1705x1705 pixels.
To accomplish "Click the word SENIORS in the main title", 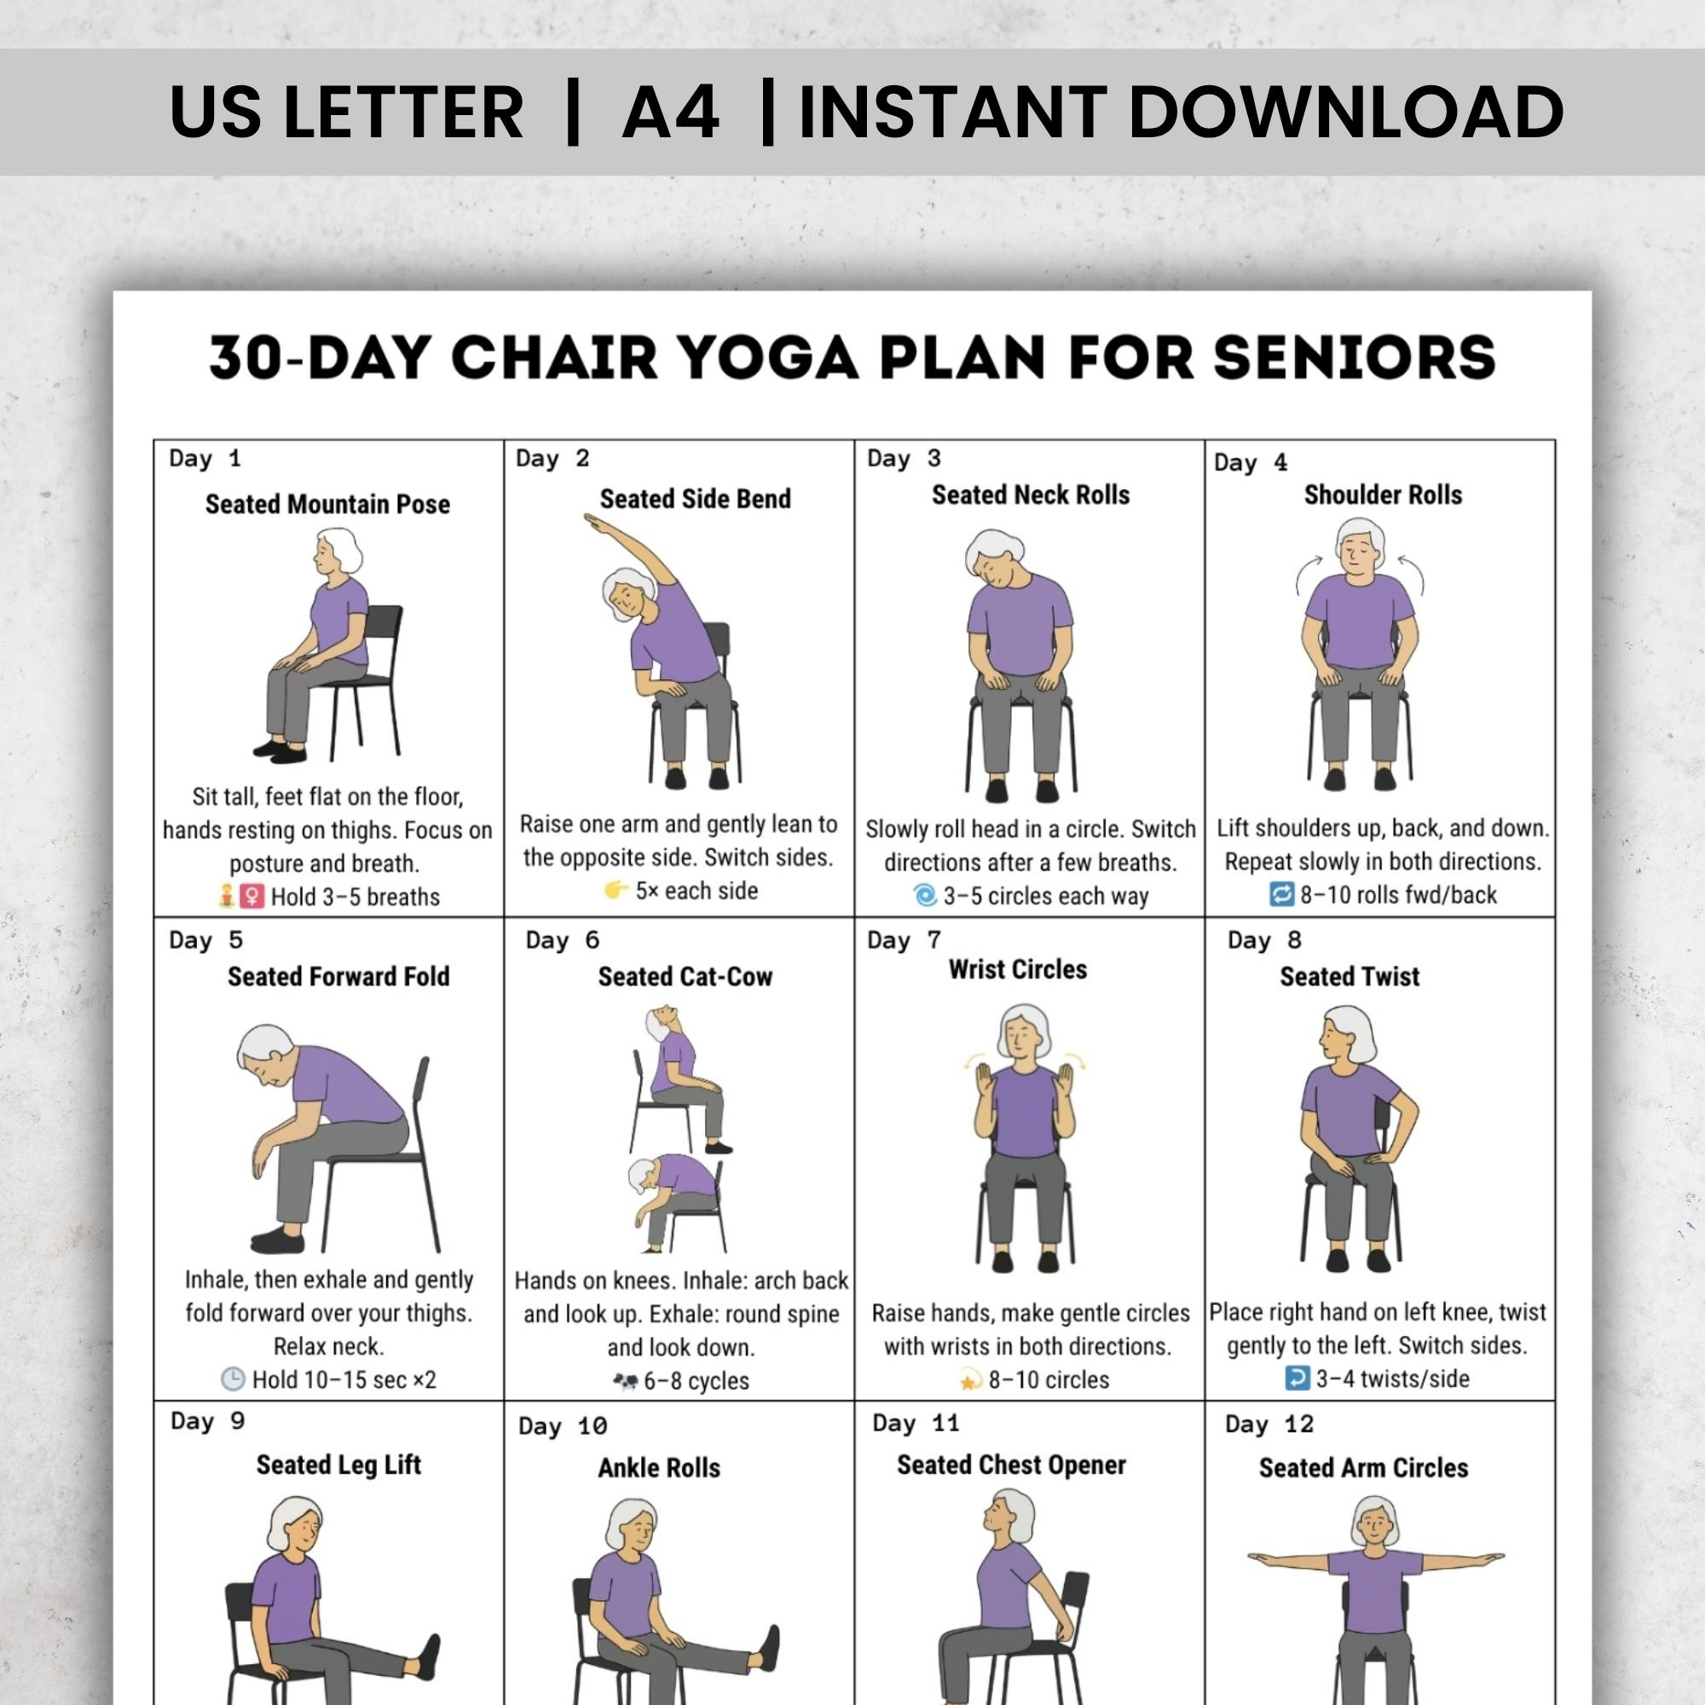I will [x=1354, y=358].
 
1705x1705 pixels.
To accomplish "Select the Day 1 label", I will [x=205, y=459].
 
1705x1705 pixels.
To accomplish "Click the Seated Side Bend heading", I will [x=696, y=500].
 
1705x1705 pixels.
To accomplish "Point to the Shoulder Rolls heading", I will [x=1383, y=495].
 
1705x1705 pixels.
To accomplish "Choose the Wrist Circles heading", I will [x=1018, y=970].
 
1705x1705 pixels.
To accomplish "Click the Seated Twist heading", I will [x=1350, y=977].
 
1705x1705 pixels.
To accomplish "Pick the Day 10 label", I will [x=562, y=1427].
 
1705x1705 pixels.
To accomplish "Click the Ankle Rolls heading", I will [x=659, y=1469].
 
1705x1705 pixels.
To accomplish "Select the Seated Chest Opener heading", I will [x=1011, y=1465].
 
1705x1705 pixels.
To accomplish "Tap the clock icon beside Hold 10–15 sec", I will [x=232, y=1379].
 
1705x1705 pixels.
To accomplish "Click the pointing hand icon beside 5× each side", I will [x=616, y=891].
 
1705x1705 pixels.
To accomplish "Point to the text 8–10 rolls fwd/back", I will [x=1398, y=895].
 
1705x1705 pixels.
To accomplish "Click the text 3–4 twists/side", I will [x=1393, y=1378].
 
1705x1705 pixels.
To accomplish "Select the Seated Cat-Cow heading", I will [x=685, y=977].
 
